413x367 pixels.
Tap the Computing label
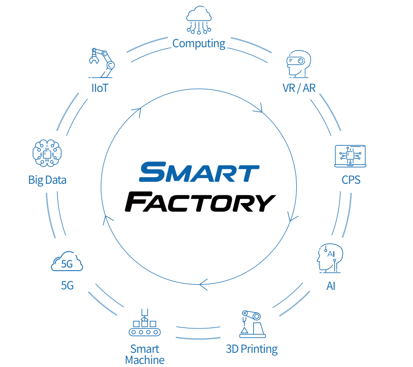tap(199, 44)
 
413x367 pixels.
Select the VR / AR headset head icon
tap(298, 64)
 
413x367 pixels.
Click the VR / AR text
tap(299, 88)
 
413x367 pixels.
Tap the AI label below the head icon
tap(331, 286)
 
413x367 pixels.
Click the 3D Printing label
tap(252, 349)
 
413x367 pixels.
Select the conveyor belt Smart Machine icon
tap(145, 323)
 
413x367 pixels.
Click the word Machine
tap(145, 360)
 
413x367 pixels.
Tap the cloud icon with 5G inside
tap(67, 262)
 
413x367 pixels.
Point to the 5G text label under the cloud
tap(67, 286)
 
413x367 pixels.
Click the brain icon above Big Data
tap(47, 153)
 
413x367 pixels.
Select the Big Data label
tap(47, 180)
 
